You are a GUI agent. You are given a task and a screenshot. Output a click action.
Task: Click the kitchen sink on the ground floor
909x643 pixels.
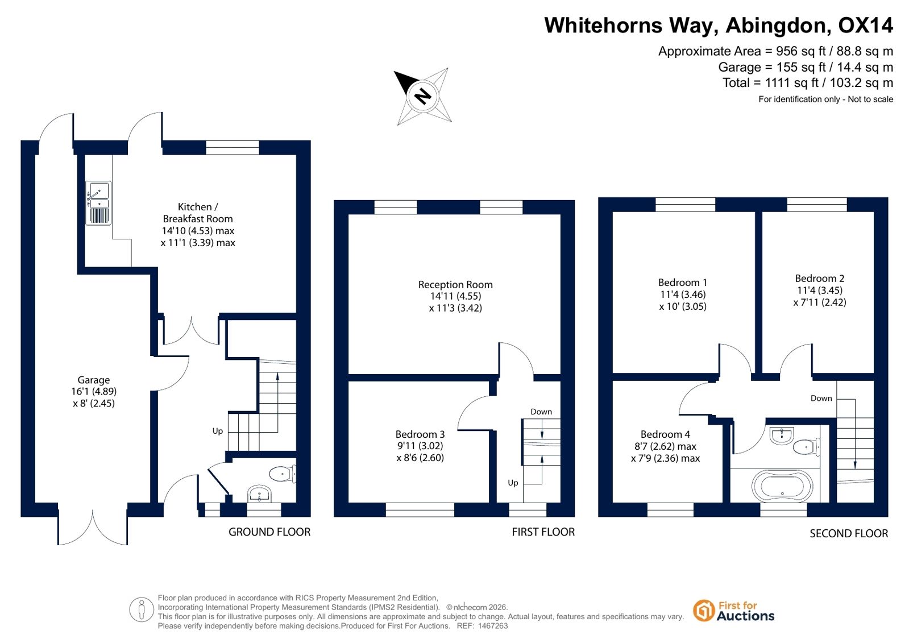[x=98, y=203]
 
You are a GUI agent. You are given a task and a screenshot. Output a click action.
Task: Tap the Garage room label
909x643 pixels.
[x=94, y=380]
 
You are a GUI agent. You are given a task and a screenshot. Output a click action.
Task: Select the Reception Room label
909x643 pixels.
[x=455, y=285]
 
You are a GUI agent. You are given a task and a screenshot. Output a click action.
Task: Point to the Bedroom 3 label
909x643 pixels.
[x=420, y=434]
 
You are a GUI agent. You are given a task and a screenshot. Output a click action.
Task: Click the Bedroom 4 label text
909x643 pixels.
[x=665, y=434]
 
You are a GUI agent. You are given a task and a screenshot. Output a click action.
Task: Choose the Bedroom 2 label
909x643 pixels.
[x=819, y=279]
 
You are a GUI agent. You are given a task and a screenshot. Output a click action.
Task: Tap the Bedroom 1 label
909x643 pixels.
[x=683, y=283]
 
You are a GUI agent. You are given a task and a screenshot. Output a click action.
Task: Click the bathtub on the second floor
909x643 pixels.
[x=782, y=486]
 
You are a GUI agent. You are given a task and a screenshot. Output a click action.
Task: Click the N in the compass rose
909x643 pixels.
[x=422, y=97]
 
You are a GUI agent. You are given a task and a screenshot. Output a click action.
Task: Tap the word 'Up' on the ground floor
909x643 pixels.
[x=218, y=431]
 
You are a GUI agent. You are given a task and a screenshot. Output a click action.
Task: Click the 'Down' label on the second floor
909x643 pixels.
[x=821, y=398]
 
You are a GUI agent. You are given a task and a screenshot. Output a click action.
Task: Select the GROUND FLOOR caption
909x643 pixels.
[x=269, y=532]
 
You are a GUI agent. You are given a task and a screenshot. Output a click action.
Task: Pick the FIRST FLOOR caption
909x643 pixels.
[x=543, y=532]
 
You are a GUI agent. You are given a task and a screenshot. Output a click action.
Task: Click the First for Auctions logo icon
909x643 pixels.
[x=703, y=611]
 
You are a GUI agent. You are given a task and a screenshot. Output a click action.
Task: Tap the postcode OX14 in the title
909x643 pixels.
[x=865, y=25]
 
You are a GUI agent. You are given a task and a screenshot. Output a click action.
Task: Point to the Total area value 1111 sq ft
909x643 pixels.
[x=791, y=83]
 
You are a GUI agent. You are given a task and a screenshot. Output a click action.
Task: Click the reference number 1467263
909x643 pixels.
[x=493, y=626]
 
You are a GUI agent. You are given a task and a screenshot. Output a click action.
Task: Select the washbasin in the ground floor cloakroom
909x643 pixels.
[x=259, y=493]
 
